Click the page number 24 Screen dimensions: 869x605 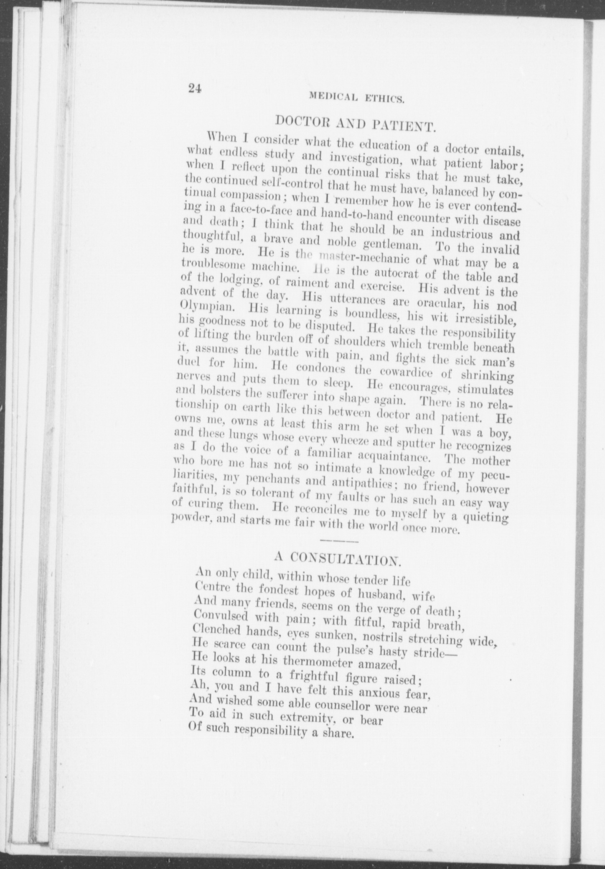coord(195,88)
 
